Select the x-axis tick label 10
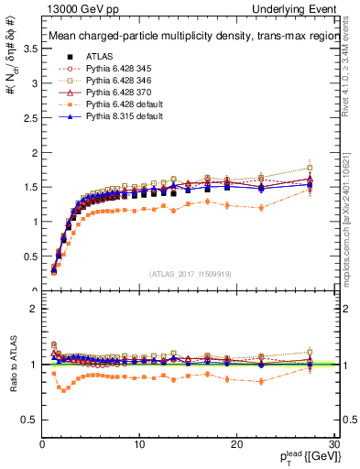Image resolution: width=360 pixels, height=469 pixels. [139, 444]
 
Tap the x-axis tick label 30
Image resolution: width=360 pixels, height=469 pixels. [334, 444]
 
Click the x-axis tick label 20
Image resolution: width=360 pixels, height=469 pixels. [236, 444]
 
